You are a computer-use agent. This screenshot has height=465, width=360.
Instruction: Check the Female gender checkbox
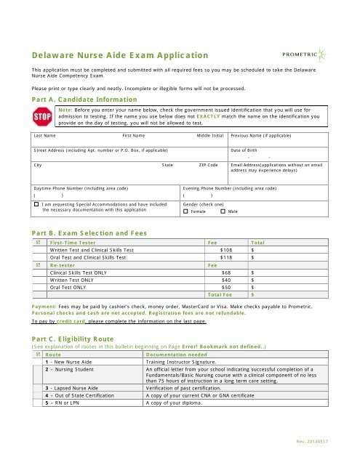185,211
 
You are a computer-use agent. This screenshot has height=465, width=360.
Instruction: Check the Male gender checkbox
223,211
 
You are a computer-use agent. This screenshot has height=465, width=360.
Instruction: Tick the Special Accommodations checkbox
36,206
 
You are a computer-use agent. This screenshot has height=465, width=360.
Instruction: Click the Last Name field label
46,136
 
